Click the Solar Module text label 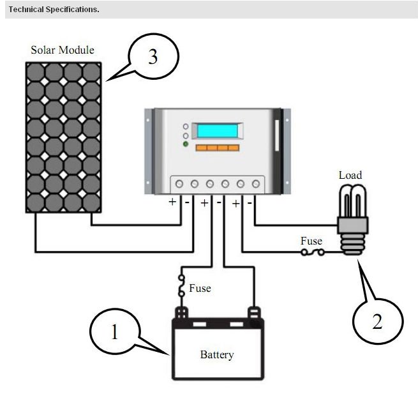pos(63,50)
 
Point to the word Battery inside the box pos(217,354)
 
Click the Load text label pos(350,175)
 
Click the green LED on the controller pos(186,145)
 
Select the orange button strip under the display pos(217,148)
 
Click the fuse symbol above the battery pos(182,285)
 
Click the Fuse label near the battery pos(200,288)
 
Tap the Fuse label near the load pos(311,241)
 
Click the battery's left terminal pos(182,313)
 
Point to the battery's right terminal pos(255,313)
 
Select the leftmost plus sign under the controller pos(172,202)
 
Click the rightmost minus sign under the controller pos(250,202)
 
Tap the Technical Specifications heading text pos(54,10)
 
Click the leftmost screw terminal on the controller pos(179,184)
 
